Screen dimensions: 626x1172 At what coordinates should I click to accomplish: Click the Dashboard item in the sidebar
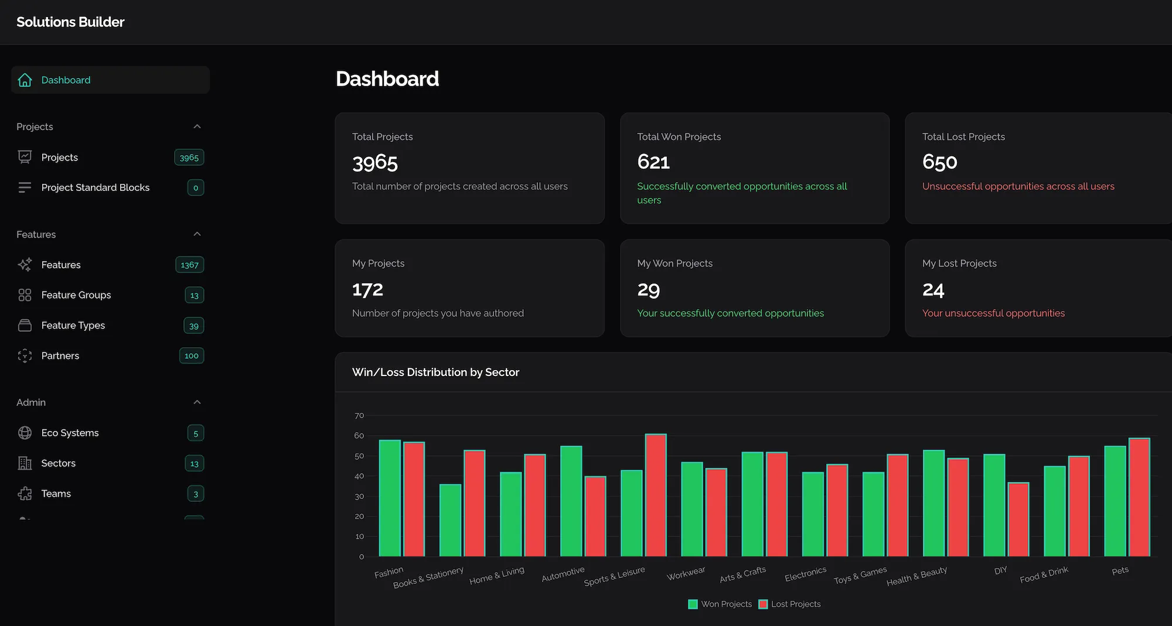[66, 80]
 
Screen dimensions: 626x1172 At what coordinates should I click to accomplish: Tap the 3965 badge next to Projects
[189, 158]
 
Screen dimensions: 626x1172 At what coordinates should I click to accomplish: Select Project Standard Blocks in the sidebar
[95, 187]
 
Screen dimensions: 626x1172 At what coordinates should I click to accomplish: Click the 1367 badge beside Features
[189, 265]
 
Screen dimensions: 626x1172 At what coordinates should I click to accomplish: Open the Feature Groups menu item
[76, 295]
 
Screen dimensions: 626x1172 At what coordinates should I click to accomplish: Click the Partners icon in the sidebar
[25, 355]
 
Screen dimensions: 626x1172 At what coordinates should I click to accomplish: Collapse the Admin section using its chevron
[197, 402]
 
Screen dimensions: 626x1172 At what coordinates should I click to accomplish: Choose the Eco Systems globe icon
[25, 433]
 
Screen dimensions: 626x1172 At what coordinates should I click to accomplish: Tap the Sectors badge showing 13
[195, 463]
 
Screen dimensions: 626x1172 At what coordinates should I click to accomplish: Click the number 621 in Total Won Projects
[653, 162]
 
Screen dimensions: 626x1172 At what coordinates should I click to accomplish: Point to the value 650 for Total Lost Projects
[939, 162]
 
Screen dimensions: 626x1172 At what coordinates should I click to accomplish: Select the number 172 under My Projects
[367, 289]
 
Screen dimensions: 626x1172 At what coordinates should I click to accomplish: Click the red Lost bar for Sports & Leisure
[656, 495]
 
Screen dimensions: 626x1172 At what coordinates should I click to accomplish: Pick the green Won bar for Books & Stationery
[450, 520]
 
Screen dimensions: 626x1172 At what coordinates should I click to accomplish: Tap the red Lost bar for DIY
[1018, 519]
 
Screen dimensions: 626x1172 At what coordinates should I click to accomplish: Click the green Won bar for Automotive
[571, 501]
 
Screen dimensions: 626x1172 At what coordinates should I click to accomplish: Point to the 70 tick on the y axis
[359, 416]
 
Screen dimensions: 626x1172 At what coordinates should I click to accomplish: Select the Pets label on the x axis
[1120, 570]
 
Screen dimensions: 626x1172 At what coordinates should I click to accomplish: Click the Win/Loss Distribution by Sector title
[435, 372]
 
